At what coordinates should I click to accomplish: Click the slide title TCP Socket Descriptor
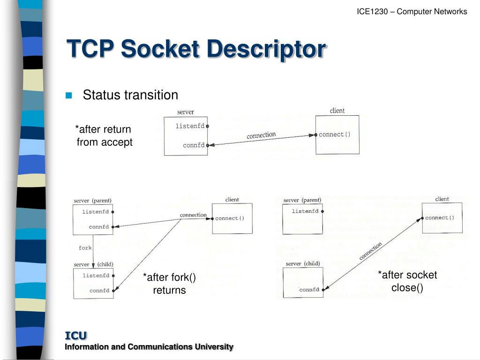pos(196,49)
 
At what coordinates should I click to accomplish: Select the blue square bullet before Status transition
pos(69,96)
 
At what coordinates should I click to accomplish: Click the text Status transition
pos(130,95)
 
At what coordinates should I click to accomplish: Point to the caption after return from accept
pos(104,135)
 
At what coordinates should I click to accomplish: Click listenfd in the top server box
pos(190,126)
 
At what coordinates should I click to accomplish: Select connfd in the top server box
pos(194,145)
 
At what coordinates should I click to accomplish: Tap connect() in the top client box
pos(335,135)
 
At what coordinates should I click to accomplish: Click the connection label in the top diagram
pos(261,135)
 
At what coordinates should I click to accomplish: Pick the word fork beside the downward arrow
pos(85,247)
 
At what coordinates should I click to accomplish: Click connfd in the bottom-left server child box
pos(99,291)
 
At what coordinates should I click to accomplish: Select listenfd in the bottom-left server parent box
pos(96,212)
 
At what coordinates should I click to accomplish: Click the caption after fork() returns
pos(169,284)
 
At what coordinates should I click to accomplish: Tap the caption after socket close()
pos(407,281)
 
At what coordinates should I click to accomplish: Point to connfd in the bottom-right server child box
pos(309,290)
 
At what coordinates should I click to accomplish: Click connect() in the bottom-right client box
pos(440,217)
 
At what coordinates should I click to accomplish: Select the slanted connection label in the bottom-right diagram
pos(371,251)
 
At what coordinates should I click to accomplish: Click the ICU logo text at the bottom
pos(75,335)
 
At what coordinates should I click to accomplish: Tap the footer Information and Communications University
pos(149,347)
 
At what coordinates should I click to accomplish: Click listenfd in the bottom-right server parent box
pos(305,211)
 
